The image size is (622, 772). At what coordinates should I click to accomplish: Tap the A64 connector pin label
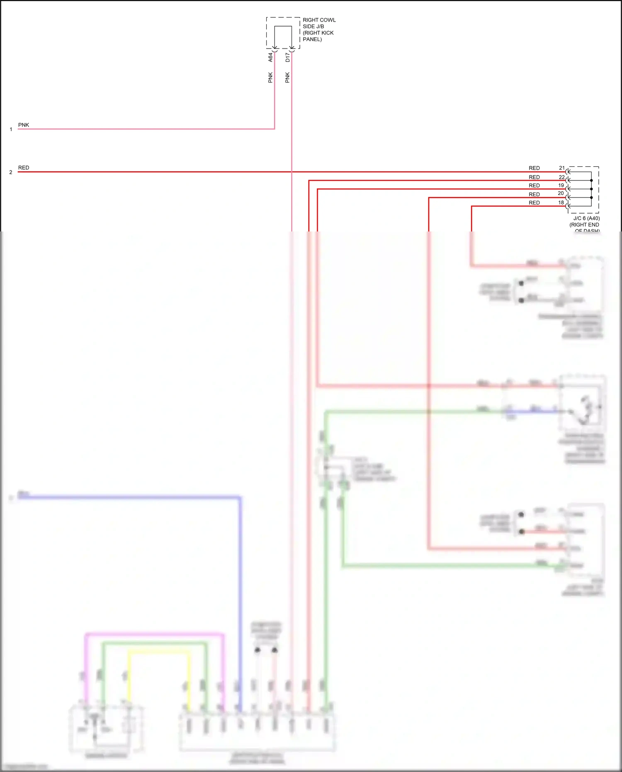tap(270, 57)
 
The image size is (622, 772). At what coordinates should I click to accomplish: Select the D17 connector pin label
tap(287, 57)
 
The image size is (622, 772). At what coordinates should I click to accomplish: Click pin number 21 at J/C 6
tap(561, 168)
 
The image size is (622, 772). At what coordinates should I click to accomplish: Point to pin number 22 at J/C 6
tap(561, 177)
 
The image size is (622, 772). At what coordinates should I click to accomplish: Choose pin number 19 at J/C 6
tap(561, 185)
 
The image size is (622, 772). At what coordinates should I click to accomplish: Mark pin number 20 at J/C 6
tap(561, 193)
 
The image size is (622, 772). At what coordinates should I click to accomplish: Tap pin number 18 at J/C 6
tap(561, 203)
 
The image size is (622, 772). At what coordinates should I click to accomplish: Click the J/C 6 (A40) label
tap(586, 219)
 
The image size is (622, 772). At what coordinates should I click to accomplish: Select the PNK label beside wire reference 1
tap(24, 125)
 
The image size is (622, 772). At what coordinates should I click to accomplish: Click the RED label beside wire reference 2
tap(24, 168)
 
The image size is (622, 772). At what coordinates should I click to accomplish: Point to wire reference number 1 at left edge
tap(11, 129)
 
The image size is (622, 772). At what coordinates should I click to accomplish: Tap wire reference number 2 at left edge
tap(11, 172)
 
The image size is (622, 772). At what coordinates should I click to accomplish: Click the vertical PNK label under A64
tap(270, 78)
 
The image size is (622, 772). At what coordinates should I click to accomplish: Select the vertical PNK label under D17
tap(287, 78)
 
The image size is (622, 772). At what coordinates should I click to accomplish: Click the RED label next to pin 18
tap(534, 203)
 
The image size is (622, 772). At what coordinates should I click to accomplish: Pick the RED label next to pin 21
tap(534, 168)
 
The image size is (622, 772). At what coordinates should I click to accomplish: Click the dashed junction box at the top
tap(283, 33)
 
